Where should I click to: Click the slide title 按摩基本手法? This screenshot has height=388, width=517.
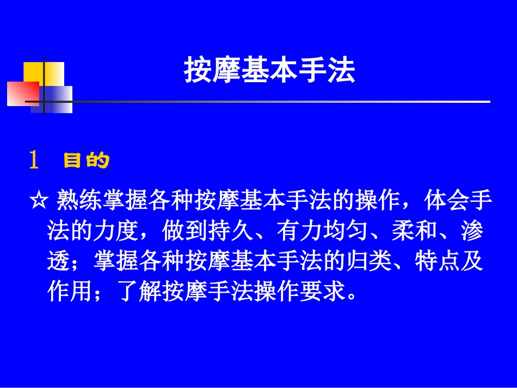269,71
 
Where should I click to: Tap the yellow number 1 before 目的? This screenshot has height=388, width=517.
34,161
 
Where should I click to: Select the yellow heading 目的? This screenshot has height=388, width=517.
87,161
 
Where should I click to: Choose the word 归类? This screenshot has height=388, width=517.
379,262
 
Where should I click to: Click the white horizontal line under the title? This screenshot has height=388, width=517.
272,102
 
